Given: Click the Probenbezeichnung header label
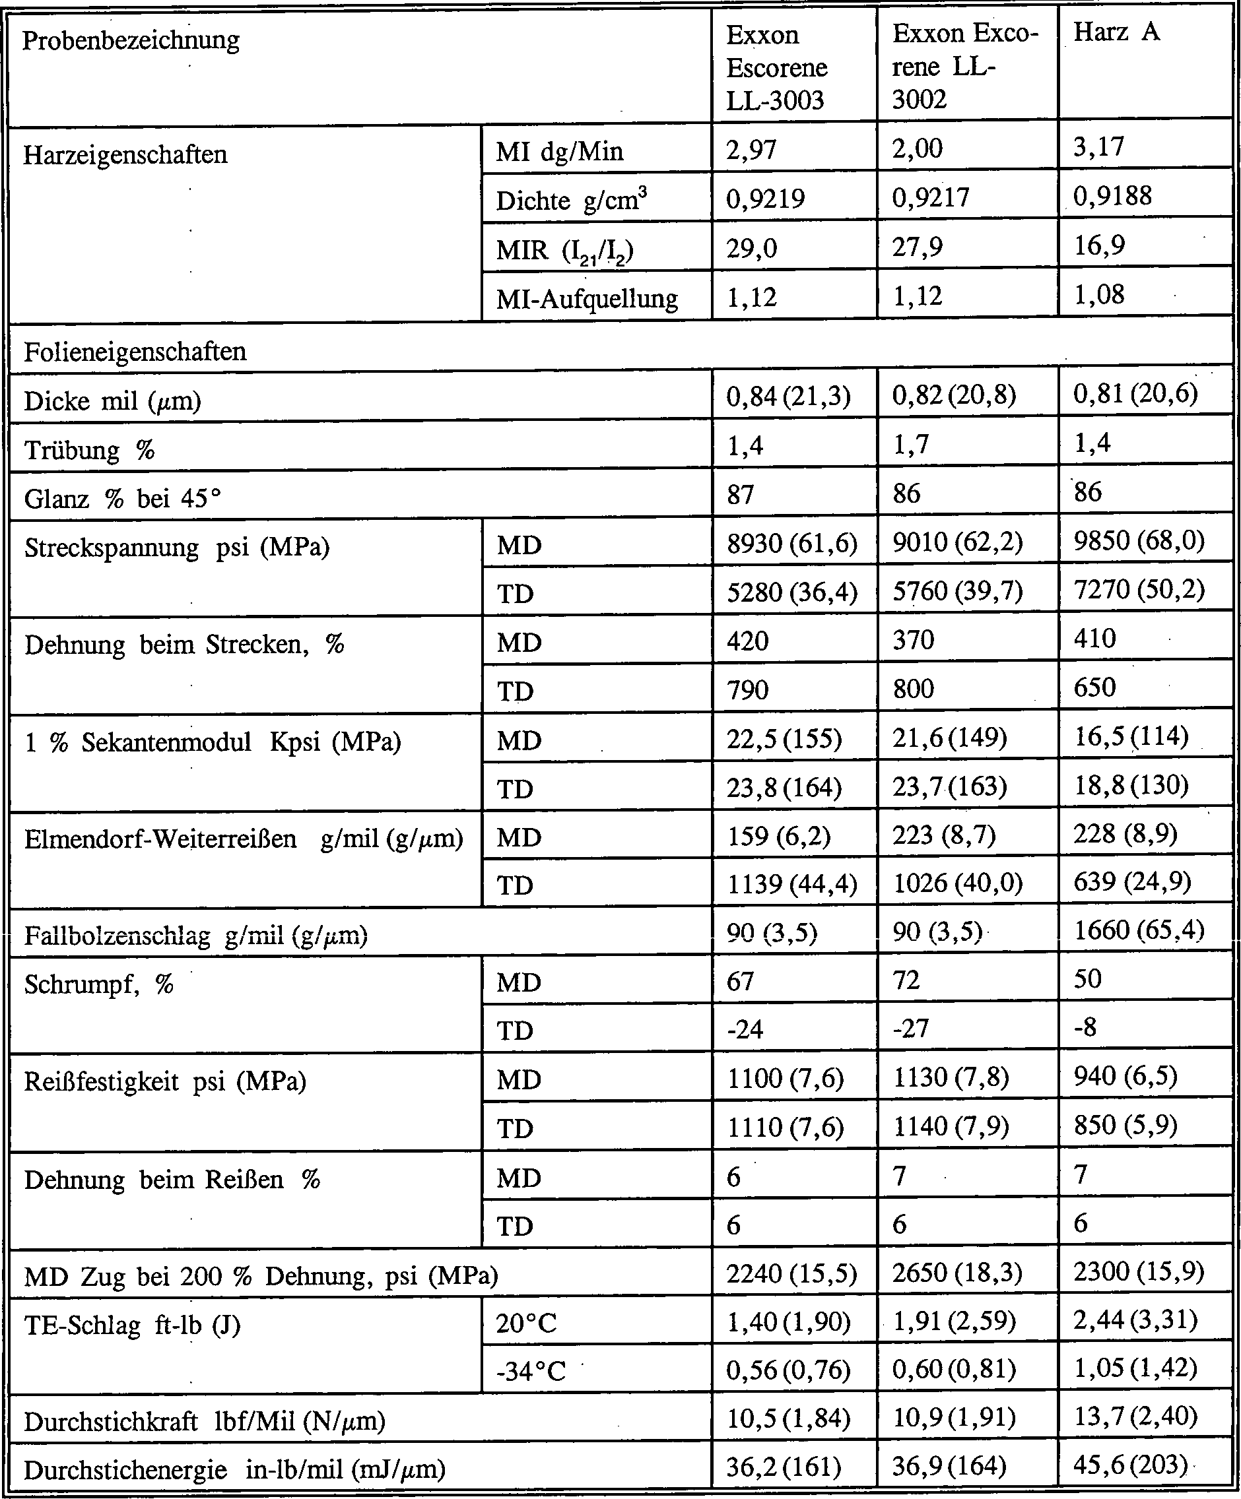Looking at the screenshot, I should click(131, 40).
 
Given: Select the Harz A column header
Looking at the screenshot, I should click(1116, 33).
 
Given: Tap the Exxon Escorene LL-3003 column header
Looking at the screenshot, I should click(776, 67).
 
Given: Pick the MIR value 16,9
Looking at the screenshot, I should click(1099, 245).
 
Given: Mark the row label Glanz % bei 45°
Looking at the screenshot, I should click(122, 498).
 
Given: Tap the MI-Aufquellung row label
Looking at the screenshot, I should click(586, 298).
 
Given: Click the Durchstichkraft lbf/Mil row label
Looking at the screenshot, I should click(204, 1421).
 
